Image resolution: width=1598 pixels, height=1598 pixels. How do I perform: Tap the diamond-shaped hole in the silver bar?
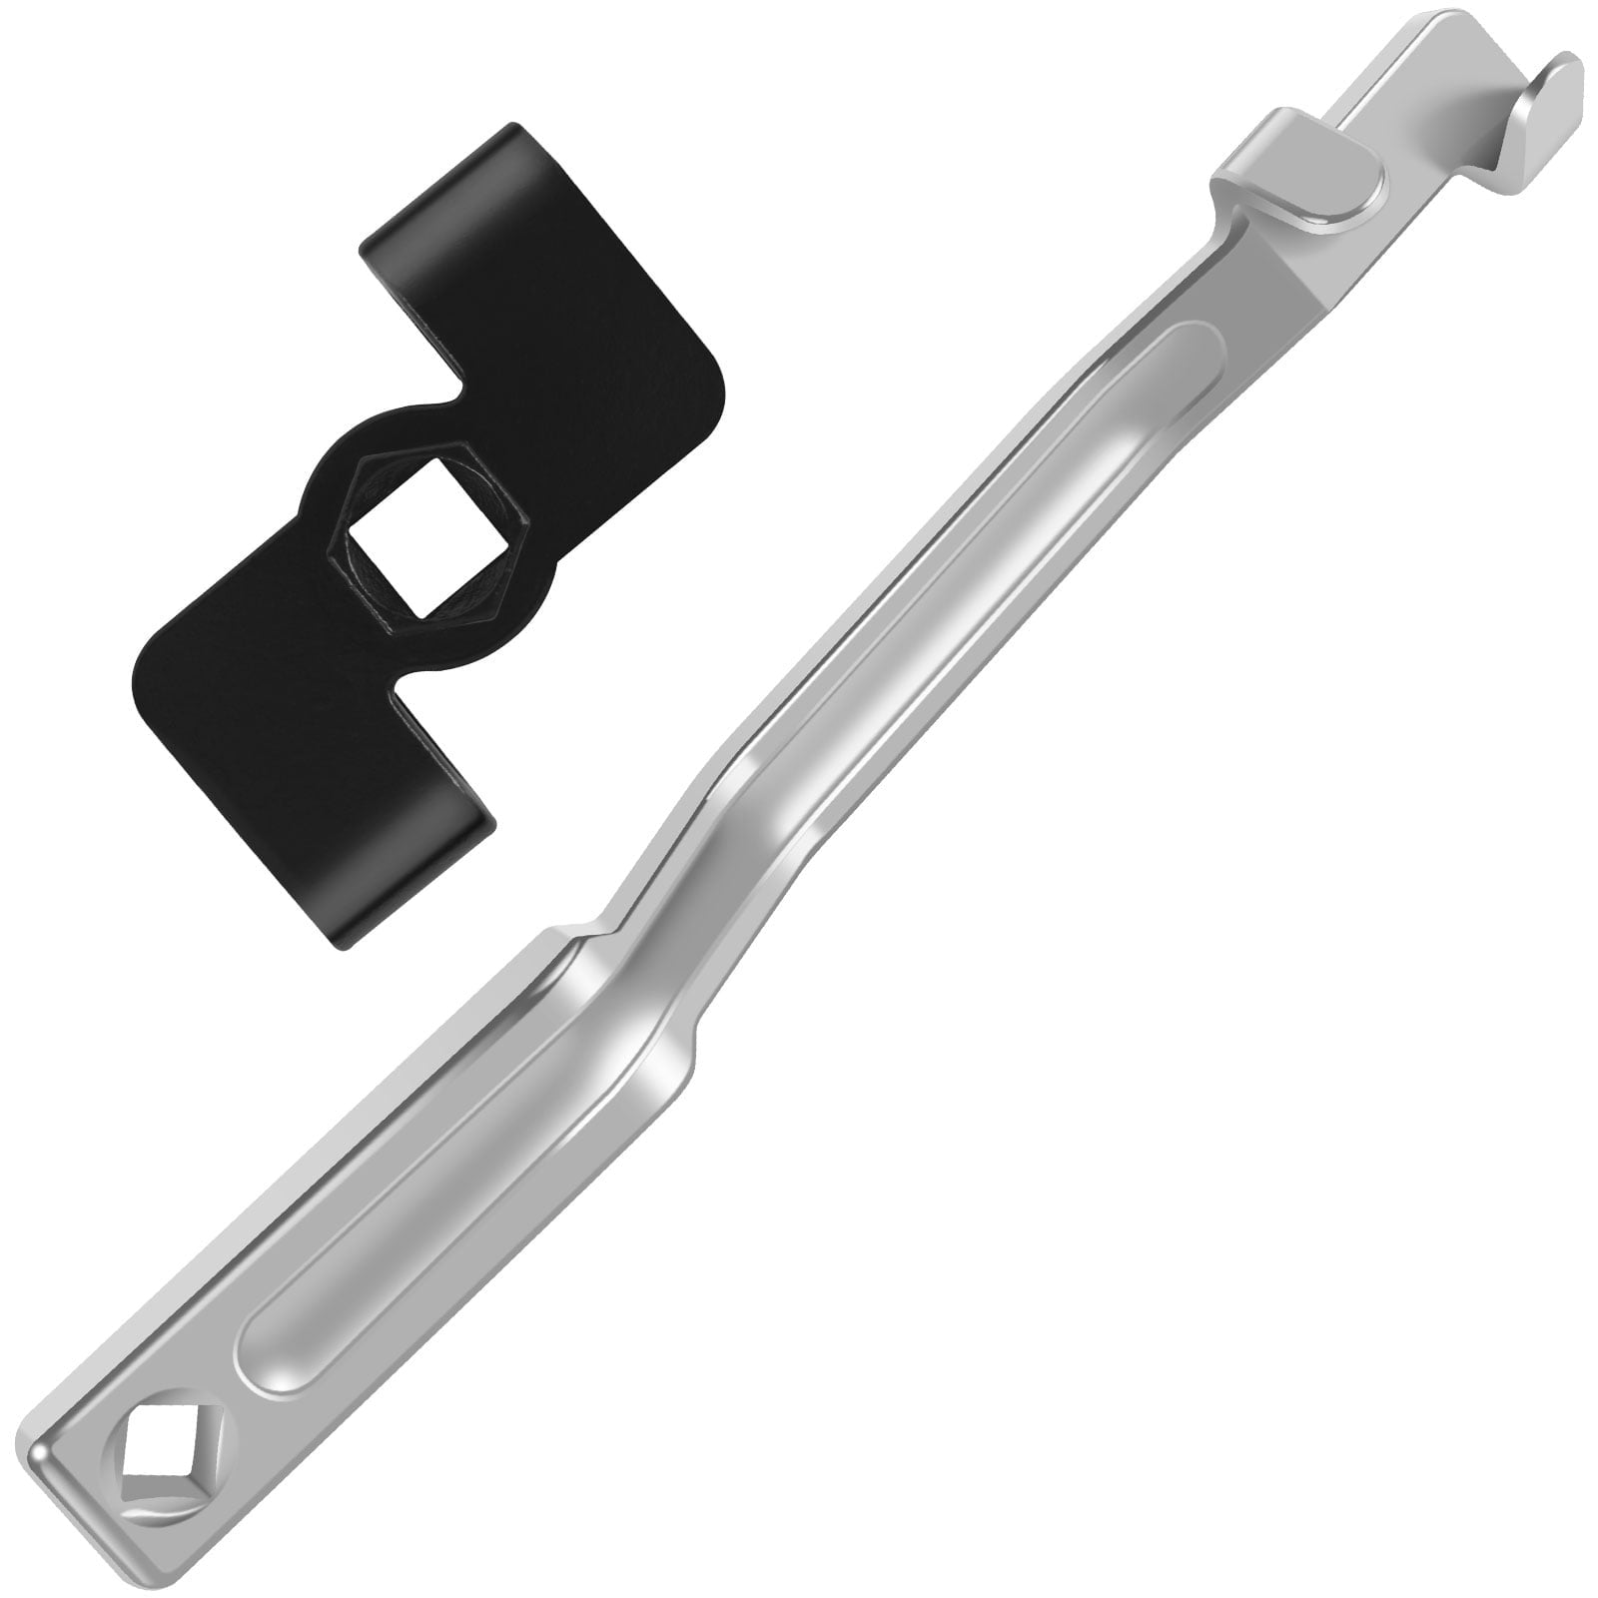155,1475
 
